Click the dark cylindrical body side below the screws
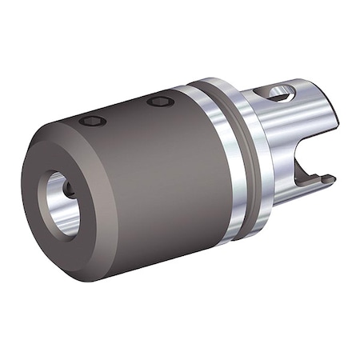152,192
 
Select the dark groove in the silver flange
229,160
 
